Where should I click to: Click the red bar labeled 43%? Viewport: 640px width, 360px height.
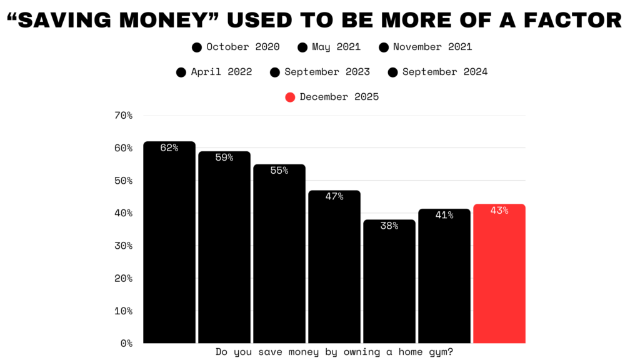click(499, 275)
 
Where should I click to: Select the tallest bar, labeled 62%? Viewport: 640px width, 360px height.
click(169, 244)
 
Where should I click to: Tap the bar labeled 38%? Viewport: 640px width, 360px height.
click(389, 281)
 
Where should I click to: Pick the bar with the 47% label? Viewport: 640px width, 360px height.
click(334, 269)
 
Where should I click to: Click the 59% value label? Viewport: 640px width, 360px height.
click(224, 157)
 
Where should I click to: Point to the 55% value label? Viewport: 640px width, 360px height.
click(279, 170)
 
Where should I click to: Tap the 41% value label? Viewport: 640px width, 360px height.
click(444, 215)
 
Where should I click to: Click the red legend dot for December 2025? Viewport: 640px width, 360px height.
click(290, 97)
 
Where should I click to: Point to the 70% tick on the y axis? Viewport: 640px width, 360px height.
click(123, 116)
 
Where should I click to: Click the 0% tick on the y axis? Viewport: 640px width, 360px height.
click(126, 343)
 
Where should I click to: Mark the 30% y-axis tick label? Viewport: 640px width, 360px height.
click(123, 246)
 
